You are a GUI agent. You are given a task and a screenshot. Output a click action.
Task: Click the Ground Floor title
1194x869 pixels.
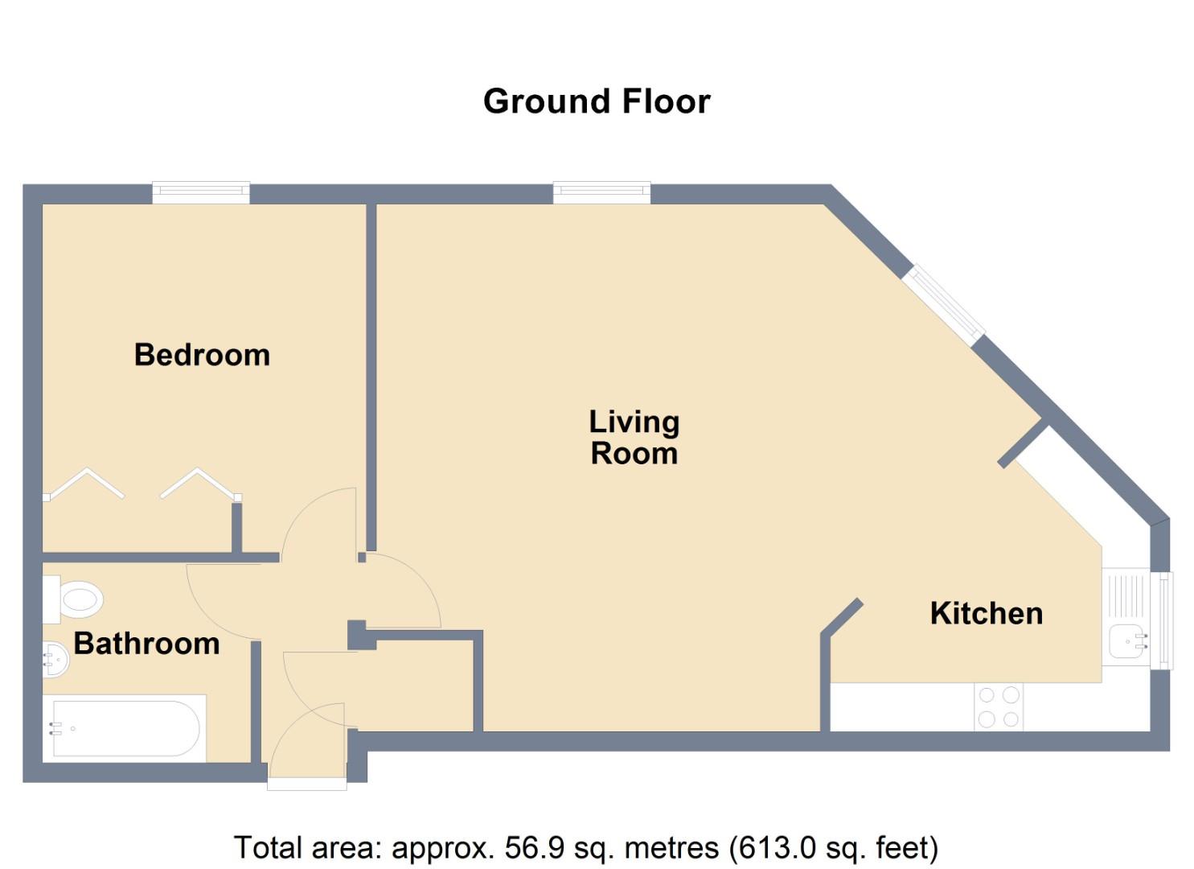click(x=597, y=101)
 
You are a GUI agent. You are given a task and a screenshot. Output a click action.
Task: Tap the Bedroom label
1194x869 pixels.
click(x=202, y=355)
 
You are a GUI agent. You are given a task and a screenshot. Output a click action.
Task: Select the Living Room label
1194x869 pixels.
click(x=634, y=437)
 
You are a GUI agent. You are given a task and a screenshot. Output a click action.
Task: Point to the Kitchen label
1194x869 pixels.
click(x=986, y=613)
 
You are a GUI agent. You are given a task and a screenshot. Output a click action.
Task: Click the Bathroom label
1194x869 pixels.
click(x=146, y=644)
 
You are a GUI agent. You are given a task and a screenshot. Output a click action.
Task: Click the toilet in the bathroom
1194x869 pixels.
click(x=76, y=599)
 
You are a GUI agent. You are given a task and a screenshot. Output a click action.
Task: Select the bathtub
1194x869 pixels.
click(x=125, y=728)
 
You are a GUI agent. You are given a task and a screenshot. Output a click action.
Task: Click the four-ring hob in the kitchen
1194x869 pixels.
click(x=999, y=706)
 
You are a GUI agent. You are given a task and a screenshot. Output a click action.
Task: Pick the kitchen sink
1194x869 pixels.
click(x=1126, y=641)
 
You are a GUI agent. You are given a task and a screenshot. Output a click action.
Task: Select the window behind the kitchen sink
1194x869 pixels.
click(x=1163, y=620)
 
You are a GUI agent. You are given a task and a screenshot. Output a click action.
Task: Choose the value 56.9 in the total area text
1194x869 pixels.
click(x=531, y=848)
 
